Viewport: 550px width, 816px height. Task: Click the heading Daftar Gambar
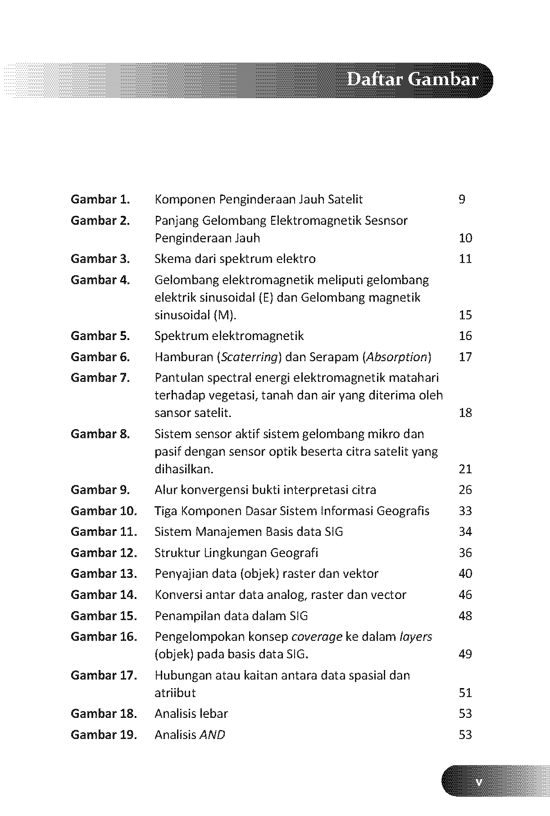[413, 80]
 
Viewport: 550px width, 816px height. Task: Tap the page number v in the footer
[479, 783]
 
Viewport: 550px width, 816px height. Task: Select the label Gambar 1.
[100, 199]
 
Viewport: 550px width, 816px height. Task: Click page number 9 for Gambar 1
[462, 199]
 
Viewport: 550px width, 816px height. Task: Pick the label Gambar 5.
[100, 336]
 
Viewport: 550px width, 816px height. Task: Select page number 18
[465, 413]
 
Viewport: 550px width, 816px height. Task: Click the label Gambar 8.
[100, 434]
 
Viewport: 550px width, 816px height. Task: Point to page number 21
[465, 469]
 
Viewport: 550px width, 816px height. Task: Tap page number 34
[465, 532]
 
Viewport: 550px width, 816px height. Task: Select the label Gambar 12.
[104, 553]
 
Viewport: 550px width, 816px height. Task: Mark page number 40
[465, 574]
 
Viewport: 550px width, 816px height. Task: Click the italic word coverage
[317, 637]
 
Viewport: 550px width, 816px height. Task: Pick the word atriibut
[175, 693]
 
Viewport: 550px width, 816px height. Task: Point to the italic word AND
[212, 735]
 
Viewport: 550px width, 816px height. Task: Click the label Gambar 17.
[104, 675]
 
